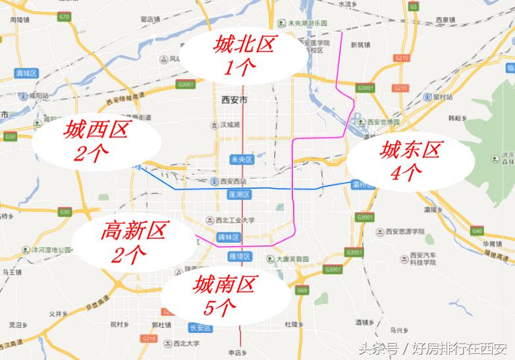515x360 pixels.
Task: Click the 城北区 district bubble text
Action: tap(243, 45)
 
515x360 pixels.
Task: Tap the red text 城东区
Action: tap(409, 151)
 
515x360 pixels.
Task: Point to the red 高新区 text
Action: tap(134, 230)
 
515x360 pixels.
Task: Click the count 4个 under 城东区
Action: tap(406, 172)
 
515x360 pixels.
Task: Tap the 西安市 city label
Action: tap(234, 100)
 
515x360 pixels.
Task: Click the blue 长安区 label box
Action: tap(198, 327)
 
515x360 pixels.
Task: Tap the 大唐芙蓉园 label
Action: tap(292, 259)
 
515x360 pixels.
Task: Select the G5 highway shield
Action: tap(414, 6)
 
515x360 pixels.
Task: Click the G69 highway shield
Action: tap(302, 290)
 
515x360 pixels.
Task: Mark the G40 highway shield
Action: tap(477, 230)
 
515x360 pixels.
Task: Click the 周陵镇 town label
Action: tap(21, 20)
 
